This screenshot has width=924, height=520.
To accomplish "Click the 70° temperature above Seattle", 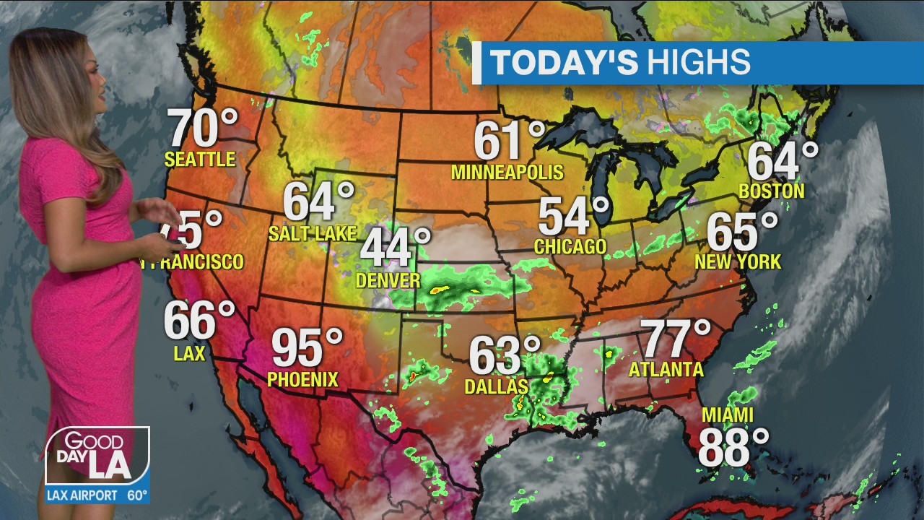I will pyautogui.click(x=203, y=129).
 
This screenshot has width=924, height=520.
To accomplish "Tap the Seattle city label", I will pyautogui.click(x=200, y=159).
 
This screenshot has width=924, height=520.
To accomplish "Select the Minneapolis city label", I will pyautogui.click(x=507, y=172).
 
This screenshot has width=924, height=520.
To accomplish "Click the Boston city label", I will pyautogui.click(x=772, y=191).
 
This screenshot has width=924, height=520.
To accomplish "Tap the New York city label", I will pyautogui.click(x=738, y=261).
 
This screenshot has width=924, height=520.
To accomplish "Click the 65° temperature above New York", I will pyautogui.click(x=742, y=231).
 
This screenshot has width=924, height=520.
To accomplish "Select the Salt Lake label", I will pyautogui.click(x=312, y=233).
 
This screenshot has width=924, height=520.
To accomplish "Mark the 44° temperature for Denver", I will pyautogui.click(x=395, y=248).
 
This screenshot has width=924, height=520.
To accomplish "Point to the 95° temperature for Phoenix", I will pyautogui.click(x=307, y=348).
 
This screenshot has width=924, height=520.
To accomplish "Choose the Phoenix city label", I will pyautogui.click(x=302, y=378).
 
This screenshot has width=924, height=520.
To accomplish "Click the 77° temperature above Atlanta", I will pyautogui.click(x=676, y=339).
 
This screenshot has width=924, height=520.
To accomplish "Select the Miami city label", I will pyautogui.click(x=728, y=415).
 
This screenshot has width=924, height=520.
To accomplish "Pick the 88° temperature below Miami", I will pyautogui.click(x=733, y=448).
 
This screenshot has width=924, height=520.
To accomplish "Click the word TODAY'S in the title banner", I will pyautogui.click(x=564, y=63).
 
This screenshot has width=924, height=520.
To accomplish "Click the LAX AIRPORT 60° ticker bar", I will pyautogui.click(x=97, y=495).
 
